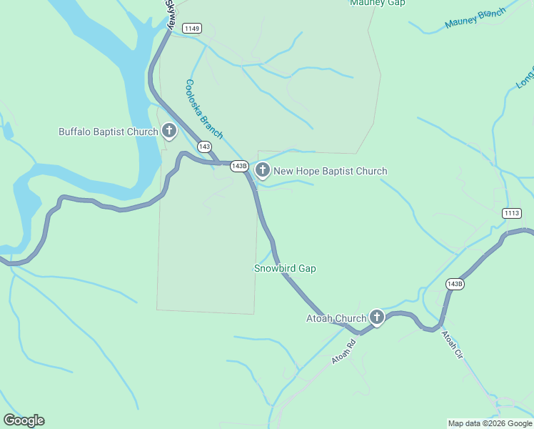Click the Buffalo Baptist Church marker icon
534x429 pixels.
click(x=169, y=131)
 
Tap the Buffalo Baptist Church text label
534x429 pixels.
click(x=108, y=132)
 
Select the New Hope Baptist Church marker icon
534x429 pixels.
click(x=263, y=170)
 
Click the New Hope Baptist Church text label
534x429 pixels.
click(x=330, y=171)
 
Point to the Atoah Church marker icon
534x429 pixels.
click(x=376, y=317)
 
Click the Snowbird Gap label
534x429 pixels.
click(x=285, y=268)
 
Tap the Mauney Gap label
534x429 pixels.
click(x=378, y=3)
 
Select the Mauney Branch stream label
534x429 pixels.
click(x=475, y=19)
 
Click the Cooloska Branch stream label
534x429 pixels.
click(x=204, y=109)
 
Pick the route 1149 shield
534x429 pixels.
click(x=191, y=29)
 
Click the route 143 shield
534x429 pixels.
click(x=205, y=147)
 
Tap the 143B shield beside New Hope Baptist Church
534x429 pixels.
click(x=239, y=166)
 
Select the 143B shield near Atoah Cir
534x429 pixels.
click(x=455, y=284)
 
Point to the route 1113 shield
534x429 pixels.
click(x=512, y=213)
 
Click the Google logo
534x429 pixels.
click(x=24, y=420)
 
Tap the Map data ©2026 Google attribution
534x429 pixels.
click(x=490, y=423)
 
